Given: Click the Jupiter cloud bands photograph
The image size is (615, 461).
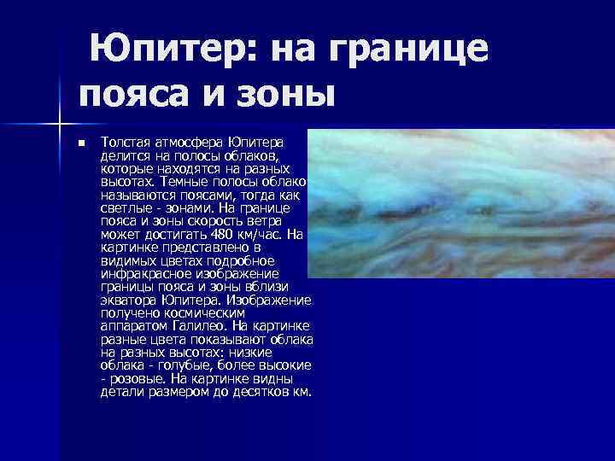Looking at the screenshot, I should pyautogui.click(x=461, y=205).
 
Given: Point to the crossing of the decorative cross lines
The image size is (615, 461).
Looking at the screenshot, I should pyautogui.click(x=61, y=115).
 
